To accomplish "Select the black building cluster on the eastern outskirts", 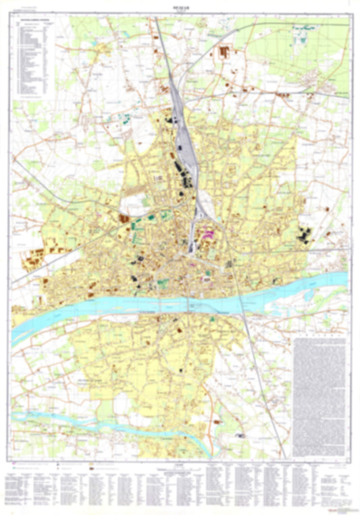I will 304,236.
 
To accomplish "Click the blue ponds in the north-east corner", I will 302,30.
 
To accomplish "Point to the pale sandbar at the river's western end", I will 27,330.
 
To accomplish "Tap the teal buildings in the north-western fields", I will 126,119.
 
